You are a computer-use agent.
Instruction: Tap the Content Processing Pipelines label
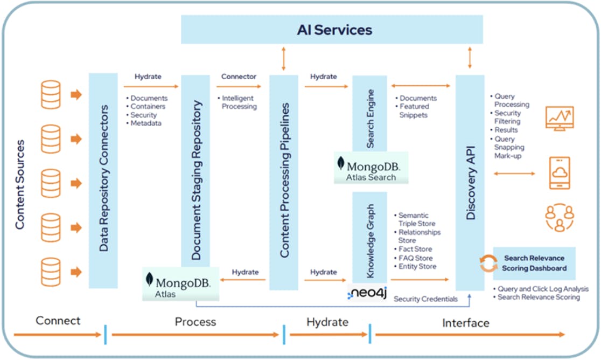click(284, 181)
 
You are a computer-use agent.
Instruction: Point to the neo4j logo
click(368, 293)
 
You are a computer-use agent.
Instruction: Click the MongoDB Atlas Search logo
click(371, 169)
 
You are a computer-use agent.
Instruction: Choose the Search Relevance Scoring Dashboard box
click(534, 263)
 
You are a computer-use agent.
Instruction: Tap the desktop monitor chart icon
click(560, 119)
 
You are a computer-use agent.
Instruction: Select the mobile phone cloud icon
click(560, 173)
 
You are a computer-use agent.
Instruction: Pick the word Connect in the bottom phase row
click(58, 321)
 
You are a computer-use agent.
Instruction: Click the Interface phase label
click(466, 323)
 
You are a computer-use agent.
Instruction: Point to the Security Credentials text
click(425, 299)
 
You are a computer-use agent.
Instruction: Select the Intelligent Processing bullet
click(239, 102)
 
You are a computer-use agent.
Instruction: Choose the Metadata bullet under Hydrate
click(146, 123)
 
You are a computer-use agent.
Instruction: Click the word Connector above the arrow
click(239, 77)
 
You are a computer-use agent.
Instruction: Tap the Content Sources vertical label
click(20, 184)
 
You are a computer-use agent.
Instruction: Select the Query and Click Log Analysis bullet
click(542, 289)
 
